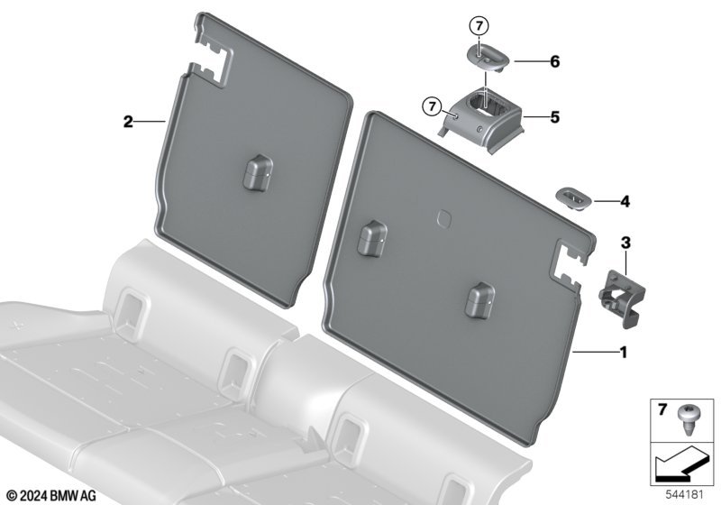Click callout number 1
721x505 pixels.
(x=623, y=353)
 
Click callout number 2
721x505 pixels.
(x=128, y=122)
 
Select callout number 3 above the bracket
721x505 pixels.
(x=625, y=243)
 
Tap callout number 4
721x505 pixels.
(x=625, y=201)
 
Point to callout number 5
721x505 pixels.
(x=555, y=117)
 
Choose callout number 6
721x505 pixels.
(x=555, y=61)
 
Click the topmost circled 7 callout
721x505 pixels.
(x=479, y=26)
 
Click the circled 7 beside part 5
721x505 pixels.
(x=432, y=106)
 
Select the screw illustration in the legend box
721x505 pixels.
(x=686, y=421)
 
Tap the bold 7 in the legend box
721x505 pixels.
(x=662, y=409)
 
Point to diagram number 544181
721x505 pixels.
(x=685, y=495)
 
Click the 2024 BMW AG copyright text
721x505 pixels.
(x=52, y=496)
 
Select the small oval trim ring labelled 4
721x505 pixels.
(x=574, y=198)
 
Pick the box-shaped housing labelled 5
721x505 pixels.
(x=482, y=120)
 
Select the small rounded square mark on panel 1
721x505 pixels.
(x=444, y=217)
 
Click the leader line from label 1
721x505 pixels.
(x=595, y=353)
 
